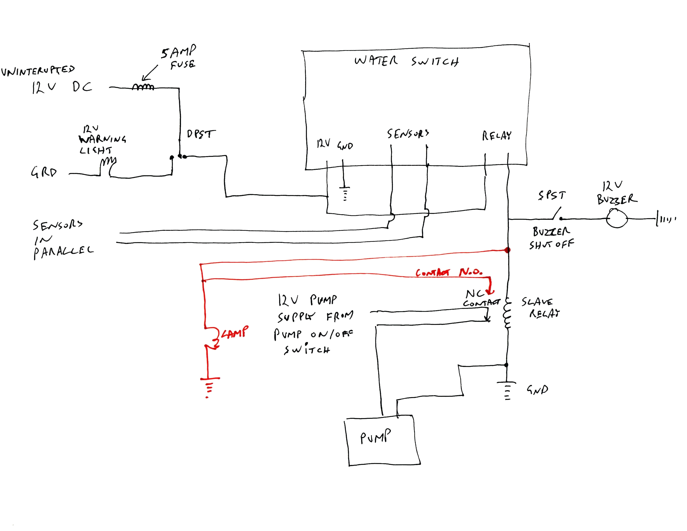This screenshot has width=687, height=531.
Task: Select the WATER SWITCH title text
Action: click(406, 61)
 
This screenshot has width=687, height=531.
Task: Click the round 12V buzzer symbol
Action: click(617, 218)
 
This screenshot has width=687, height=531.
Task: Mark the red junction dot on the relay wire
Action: click(507, 250)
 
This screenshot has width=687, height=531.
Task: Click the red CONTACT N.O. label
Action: click(449, 272)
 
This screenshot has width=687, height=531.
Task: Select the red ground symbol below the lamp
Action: click(209, 387)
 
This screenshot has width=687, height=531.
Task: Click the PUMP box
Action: click(382, 441)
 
